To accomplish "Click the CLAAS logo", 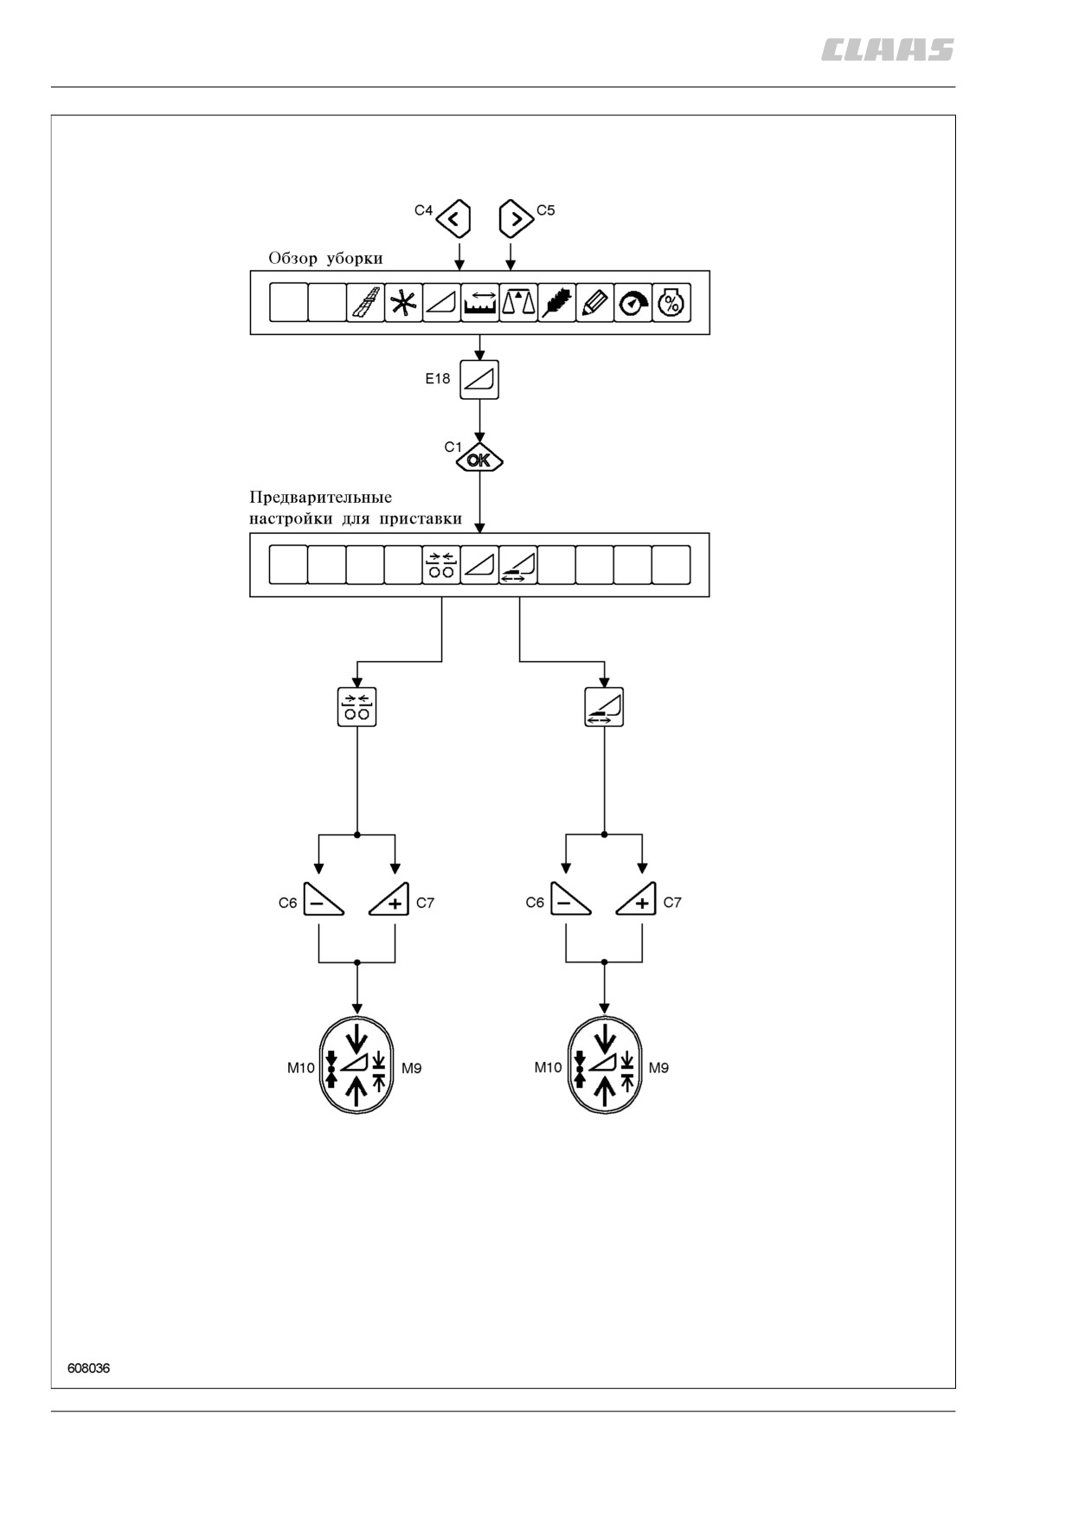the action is click(887, 50).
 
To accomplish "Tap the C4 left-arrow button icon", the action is click(453, 218).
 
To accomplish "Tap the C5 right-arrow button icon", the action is click(517, 218).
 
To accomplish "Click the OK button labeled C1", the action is click(479, 460).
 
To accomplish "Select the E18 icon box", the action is click(479, 379).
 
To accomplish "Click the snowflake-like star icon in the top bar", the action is click(403, 303).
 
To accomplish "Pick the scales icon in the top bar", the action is click(518, 303).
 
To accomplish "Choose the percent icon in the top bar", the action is click(671, 303).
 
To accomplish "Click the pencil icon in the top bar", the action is click(594, 303).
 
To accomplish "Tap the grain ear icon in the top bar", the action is click(556, 303).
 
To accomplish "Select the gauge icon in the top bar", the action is click(633, 303).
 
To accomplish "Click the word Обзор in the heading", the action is click(293, 259).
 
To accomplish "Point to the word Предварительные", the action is click(321, 498).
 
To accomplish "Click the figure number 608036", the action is click(88, 1368).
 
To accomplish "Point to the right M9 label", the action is click(658, 1068).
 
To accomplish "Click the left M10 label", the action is click(301, 1068).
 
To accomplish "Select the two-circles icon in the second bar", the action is click(441, 565).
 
